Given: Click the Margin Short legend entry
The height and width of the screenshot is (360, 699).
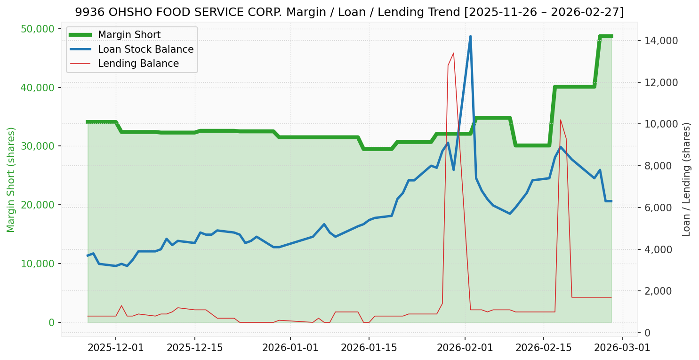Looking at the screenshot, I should [x=129, y=35].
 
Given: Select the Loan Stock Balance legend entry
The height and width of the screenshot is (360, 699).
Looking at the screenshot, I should [x=145, y=49].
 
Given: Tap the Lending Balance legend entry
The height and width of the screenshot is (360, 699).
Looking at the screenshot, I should [x=138, y=64].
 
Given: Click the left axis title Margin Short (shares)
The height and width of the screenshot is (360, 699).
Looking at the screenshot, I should [x=11, y=180].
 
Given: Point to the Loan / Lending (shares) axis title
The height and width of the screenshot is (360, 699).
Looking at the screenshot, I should [x=686, y=180].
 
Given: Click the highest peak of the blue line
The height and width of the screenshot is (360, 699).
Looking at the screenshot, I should [x=470, y=37].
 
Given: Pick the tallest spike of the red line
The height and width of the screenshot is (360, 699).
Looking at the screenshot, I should [x=453, y=53].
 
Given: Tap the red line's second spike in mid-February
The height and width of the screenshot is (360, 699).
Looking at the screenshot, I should [x=560, y=120].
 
